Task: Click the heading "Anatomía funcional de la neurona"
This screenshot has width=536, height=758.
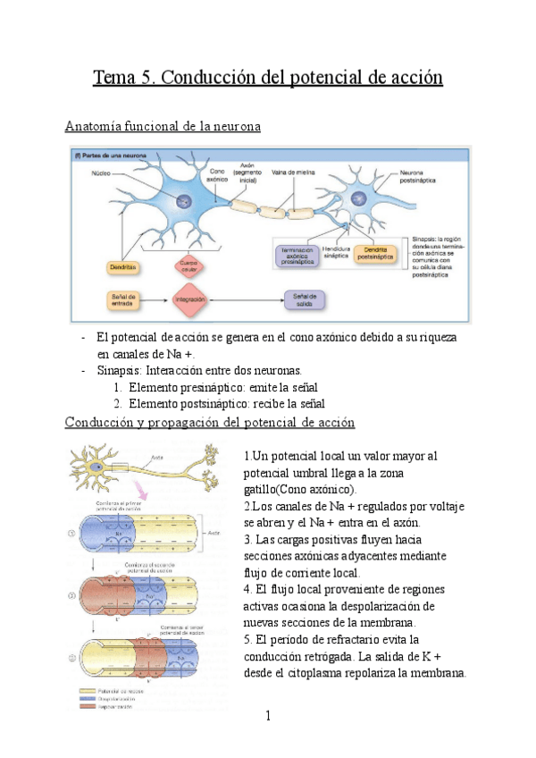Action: coord(163,127)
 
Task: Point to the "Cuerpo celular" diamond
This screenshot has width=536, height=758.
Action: coord(188,266)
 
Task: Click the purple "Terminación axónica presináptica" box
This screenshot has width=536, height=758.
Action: coord(297,255)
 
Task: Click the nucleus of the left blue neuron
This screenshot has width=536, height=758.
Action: coord(183,202)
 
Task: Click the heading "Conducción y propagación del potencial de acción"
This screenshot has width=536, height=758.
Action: coord(210,422)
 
